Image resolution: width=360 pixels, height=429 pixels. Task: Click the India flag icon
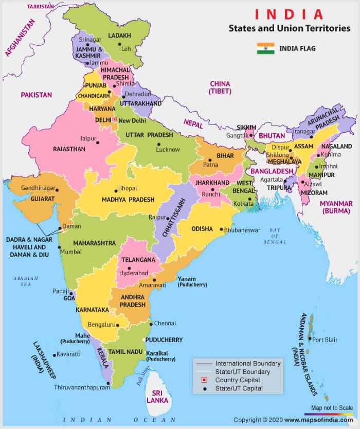coord(265,49)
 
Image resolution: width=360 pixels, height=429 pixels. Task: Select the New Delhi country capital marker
coord(115,120)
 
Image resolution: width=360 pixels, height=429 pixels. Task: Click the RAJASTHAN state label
coord(69,149)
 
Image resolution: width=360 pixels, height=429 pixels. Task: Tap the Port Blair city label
coord(325,339)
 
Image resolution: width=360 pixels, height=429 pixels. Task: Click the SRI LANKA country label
coord(154,396)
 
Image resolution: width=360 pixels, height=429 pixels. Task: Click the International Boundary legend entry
coord(248,363)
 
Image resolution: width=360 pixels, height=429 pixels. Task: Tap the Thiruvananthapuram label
coord(82,388)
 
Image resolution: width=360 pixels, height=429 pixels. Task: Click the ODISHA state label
coord(202,228)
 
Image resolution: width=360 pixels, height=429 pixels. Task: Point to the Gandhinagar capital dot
coord(57,190)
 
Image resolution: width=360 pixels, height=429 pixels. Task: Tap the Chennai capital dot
coord(150,324)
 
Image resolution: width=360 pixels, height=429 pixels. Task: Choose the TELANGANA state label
coord(136,260)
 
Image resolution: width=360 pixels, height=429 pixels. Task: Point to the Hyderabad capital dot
coord(130,268)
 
